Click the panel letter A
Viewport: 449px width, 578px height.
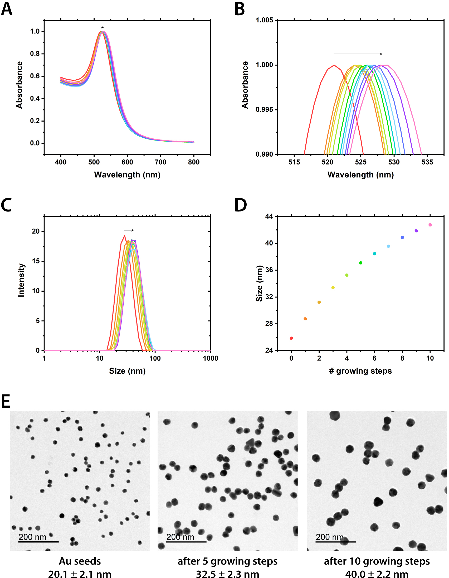(7, 9)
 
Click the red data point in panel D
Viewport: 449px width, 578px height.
(291, 338)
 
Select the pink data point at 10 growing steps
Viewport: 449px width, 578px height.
(430, 225)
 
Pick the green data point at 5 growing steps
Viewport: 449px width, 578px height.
(361, 263)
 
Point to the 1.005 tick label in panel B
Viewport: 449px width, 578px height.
(264, 20)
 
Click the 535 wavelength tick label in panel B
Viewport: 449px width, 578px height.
(427, 162)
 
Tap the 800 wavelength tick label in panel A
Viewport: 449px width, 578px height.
(194, 162)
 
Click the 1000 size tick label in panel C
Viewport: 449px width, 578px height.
(211, 359)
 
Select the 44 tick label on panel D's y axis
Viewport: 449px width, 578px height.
(269, 216)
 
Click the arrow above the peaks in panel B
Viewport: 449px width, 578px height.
(358, 54)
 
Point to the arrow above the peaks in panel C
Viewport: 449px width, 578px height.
(129, 230)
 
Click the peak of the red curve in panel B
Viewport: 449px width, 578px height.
(334, 65)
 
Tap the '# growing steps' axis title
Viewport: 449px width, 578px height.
(360, 371)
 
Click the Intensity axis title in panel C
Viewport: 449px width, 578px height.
(21, 280)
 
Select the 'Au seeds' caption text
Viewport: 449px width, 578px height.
(80, 561)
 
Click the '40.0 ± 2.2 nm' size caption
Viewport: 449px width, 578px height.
(377, 574)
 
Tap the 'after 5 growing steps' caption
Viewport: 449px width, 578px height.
(227, 561)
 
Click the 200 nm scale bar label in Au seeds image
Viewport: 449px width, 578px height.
(32, 537)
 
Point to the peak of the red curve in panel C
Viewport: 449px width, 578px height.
(124, 236)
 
